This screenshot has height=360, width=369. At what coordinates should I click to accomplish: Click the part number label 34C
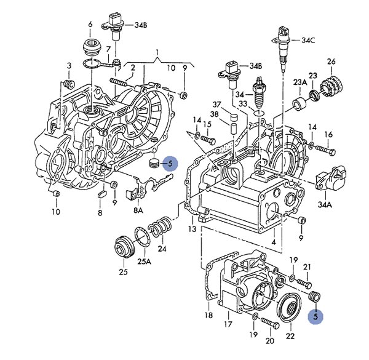click(308, 41)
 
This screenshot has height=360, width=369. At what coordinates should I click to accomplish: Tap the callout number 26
click(331, 62)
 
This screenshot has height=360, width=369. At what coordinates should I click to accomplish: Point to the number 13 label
click(192, 229)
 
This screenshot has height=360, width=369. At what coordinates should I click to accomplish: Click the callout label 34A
click(325, 206)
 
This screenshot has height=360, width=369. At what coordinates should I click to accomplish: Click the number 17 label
click(228, 323)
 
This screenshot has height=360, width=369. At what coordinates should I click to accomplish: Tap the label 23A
click(300, 82)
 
